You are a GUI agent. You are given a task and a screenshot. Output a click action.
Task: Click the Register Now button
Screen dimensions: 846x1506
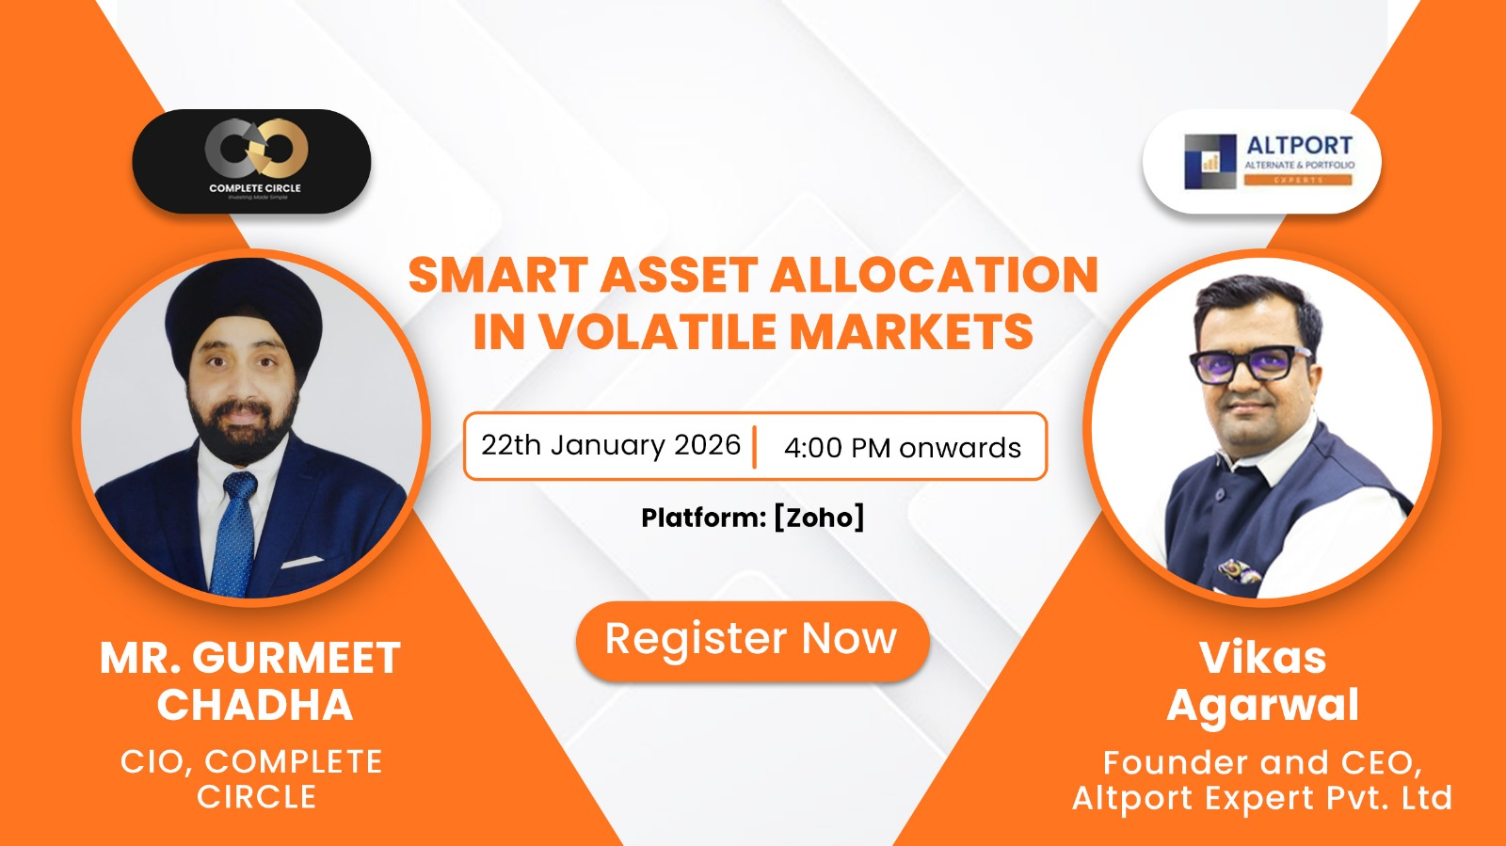751,640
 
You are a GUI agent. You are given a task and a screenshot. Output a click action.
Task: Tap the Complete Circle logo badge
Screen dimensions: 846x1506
251,160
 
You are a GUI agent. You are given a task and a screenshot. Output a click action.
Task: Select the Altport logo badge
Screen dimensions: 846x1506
1261,161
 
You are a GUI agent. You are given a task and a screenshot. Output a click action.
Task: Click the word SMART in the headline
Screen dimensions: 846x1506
498,276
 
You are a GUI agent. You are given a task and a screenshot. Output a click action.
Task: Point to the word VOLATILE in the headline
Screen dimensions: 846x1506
658,331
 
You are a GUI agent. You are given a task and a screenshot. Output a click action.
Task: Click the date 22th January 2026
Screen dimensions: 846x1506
610,445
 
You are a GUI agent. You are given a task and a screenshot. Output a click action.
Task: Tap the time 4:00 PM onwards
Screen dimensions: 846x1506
902,447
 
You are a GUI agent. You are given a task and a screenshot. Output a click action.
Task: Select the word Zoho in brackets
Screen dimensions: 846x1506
819,518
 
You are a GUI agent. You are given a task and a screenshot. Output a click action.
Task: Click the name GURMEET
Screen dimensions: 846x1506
296,659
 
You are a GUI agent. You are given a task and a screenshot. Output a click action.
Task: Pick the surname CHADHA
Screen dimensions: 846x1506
254,705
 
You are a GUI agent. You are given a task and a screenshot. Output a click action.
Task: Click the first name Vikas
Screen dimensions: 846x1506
1262,658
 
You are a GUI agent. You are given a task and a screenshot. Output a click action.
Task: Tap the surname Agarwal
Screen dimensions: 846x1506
1262,706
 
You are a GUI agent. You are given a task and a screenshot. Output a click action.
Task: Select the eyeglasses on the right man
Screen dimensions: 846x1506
1249,361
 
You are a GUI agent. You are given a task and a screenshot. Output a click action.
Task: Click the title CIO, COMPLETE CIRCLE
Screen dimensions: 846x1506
251,778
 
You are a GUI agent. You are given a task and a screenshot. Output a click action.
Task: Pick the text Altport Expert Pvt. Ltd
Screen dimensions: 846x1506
1262,798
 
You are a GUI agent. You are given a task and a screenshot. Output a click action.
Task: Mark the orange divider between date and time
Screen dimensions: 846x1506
754,446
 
